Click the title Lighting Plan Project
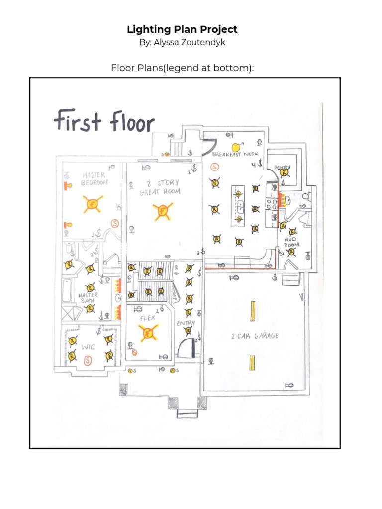(x=182, y=29)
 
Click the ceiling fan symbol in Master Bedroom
(x=92, y=203)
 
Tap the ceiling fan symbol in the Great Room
(x=162, y=212)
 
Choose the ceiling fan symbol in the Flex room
(x=148, y=333)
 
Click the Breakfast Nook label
(x=233, y=155)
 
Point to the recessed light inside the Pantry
(x=285, y=172)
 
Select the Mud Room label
(x=291, y=242)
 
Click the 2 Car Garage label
(x=255, y=336)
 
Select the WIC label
(x=89, y=347)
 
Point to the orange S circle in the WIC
(x=89, y=359)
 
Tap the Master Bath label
(x=88, y=297)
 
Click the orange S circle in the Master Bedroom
(x=115, y=223)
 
